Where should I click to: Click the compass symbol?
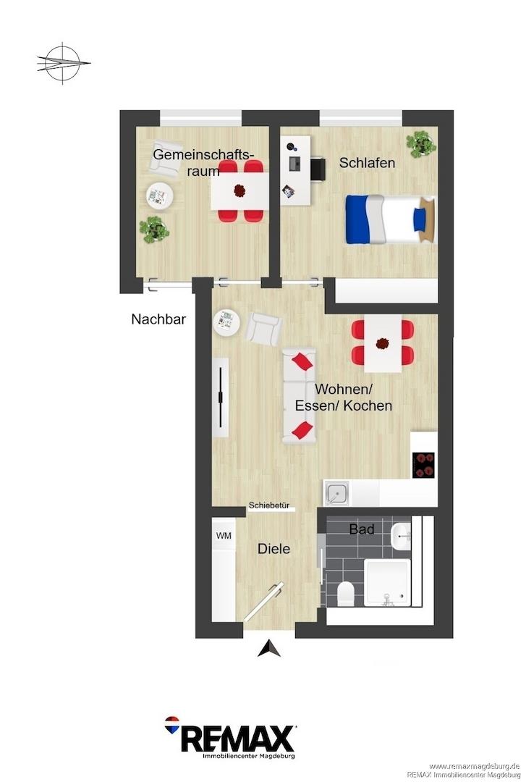(63, 63)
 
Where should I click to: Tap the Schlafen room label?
(367, 163)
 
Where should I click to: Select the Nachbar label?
(158, 319)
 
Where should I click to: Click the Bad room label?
(362, 529)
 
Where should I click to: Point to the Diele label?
(273, 549)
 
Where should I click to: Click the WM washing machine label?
(224, 536)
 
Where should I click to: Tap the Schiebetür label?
(269, 505)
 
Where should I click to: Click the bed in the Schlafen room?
(391, 219)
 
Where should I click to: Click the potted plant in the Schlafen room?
(421, 144)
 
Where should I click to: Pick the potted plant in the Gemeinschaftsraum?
(155, 230)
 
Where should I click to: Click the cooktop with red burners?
(423, 466)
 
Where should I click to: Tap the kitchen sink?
(336, 493)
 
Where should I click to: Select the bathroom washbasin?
(402, 537)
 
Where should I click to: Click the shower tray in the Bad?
(387, 582)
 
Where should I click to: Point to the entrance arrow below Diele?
(268, 648)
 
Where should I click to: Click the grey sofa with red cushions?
(299, 397)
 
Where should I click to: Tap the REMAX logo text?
(237, 738)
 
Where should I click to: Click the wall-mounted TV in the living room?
(221, 397)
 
